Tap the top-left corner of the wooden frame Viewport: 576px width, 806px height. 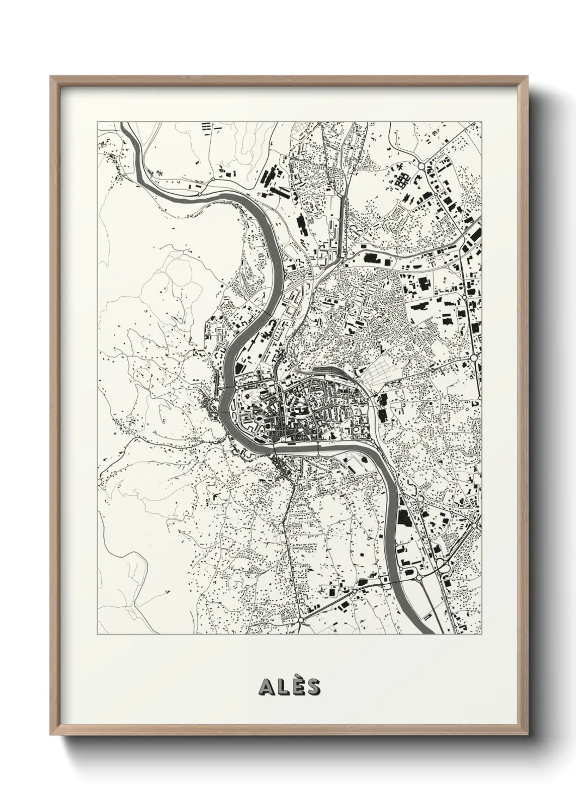51,77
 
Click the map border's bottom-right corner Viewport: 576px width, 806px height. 482,634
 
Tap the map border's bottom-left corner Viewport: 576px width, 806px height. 97,634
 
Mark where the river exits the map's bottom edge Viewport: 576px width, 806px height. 424,633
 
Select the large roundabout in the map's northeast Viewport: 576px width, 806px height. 421,166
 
